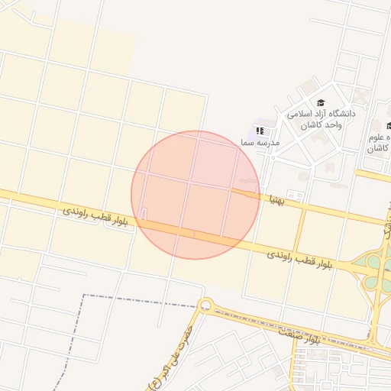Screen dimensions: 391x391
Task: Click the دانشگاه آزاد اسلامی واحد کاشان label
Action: (x=321, y=119)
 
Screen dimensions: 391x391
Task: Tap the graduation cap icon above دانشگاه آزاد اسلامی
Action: (x=321, y=103)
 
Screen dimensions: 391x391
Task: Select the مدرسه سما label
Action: (x=260, y=143)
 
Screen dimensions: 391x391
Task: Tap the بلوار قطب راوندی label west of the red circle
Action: (x=95, y=215)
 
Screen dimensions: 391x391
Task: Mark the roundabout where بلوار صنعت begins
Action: (x=205, y=305)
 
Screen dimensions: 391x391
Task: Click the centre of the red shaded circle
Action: (x=195, y=195)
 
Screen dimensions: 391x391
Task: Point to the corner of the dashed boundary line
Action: (x=83, y=295)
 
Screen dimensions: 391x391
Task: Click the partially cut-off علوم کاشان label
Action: (x=380, y=143)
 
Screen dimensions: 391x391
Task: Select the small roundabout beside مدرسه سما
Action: (x=272, y=157)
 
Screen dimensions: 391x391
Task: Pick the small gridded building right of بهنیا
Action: (x=293, y=195)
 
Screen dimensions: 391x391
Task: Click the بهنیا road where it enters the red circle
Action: (x=257, y=194)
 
